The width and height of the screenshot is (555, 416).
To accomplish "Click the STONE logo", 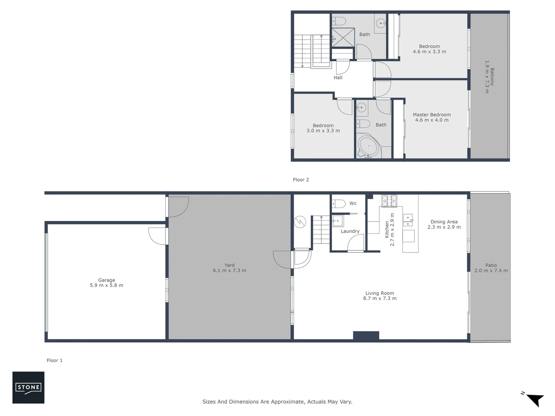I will [28, 387].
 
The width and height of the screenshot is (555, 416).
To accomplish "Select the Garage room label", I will [106, 280].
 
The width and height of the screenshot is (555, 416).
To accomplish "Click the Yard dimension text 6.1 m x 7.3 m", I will [229, 270].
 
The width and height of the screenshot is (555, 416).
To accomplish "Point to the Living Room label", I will [380, 293].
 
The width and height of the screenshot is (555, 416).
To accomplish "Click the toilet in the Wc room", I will [339, 203].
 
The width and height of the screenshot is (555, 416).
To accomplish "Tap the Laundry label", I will [350, 231].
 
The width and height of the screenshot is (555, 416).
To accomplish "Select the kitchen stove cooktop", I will [389, 201].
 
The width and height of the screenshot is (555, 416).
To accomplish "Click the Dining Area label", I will [444, 221].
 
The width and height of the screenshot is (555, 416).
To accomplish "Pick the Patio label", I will [491, 265].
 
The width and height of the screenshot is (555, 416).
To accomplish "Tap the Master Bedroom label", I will [432, 114].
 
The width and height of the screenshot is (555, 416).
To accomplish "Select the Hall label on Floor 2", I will [338, 77].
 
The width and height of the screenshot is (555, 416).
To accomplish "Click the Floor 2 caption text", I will [301, 179].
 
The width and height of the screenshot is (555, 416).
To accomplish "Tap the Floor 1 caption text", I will [54, 360].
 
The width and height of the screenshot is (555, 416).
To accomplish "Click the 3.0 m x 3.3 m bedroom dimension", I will [323, 131].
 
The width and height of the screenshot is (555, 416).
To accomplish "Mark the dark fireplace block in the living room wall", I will [366, 335].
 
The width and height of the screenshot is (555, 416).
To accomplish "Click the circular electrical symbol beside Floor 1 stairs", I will [300, 222].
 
